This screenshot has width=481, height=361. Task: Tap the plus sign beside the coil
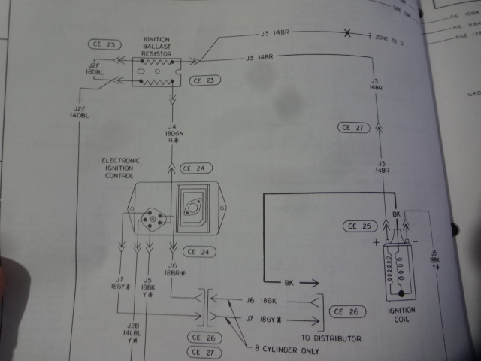coord(375,243)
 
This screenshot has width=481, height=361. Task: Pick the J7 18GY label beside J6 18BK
coord(263,320)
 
